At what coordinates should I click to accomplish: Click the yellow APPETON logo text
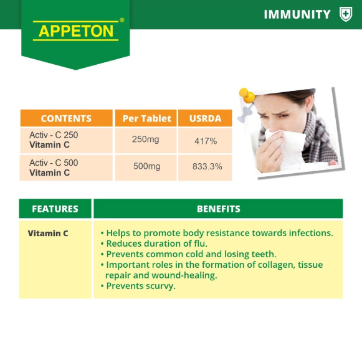(x=76, y=31)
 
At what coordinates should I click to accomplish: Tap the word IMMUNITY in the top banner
(x=297, y=14)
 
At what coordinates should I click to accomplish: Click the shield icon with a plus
(x=346, y=14)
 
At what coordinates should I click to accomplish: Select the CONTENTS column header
(x=66, y=118)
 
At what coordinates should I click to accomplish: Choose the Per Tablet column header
(x=147, y=118)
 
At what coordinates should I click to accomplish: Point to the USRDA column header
(x=205, y=118)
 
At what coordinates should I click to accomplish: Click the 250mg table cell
(x=145, y=140)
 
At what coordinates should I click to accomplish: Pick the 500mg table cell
(x=147, y=166)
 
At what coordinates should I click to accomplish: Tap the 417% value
(x=206, y=141)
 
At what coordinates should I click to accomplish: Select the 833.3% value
(x=207, y=166)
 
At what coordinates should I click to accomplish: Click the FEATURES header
(x=55, y=209)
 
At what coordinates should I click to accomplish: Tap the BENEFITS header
(x=219, y=209)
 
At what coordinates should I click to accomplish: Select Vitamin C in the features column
(x=48, y=234)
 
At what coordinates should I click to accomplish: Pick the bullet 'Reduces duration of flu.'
(x=154, y=244)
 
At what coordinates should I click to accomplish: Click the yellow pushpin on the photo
(x=247, y=95)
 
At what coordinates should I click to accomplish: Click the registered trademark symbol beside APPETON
(x=122, y=21)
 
